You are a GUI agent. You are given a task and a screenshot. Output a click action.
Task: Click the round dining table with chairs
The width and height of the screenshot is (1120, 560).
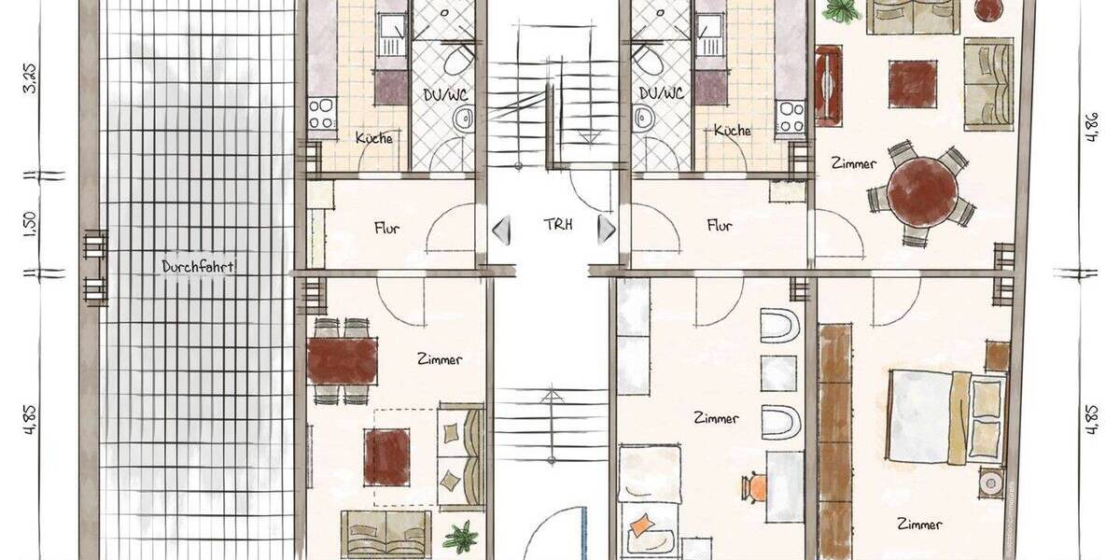tap(922, 193)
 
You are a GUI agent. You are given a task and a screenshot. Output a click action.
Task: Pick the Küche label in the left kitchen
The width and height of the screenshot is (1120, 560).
tap(373, 137)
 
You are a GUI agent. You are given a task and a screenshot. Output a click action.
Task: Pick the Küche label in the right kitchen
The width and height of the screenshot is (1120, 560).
tap(732, 131)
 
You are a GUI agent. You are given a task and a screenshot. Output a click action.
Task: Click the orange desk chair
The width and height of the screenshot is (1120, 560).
tap(756, 486)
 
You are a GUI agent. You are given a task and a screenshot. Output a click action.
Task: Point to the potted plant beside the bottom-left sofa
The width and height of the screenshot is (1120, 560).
tap(459, 538)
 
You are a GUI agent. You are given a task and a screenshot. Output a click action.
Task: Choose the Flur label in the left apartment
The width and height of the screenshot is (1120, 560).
tap(387, 227)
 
